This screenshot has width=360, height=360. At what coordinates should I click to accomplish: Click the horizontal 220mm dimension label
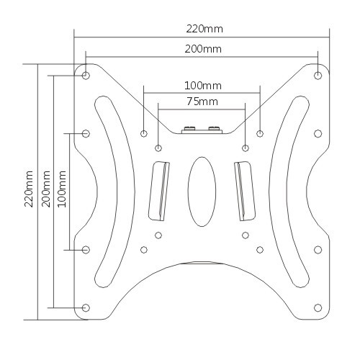pyautogui.click(x=204, y=30)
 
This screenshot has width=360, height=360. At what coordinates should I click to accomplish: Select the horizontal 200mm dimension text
pyautogui.click(x=203, y=49)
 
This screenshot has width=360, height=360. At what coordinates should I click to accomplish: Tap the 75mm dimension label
pyautogui.click(x=202, y=102)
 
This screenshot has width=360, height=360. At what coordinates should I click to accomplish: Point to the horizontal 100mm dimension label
pyautogui.click(x=203, y=86)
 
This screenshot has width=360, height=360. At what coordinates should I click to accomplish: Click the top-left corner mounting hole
pyautogui.click(x=86, y=75)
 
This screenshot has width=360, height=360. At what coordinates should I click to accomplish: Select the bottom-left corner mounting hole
pyautogui.click(x=86, y=307)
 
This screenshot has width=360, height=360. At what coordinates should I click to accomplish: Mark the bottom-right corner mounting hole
pyautogui.click(x=318, y=307)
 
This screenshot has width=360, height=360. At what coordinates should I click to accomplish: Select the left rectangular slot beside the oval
pyautogui.click(x=158, y=190)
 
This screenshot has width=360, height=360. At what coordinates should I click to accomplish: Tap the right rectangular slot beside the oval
pyautogui.click(x=245, y=190)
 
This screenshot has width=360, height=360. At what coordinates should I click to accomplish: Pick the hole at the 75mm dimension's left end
pyautogui.click(x=158, y=148)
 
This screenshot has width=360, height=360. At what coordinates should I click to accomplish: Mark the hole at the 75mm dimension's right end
pyautogui.click(x=246, y=148)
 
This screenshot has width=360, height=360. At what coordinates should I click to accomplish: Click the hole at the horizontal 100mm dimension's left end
pyautogui.click(x=144, y=133)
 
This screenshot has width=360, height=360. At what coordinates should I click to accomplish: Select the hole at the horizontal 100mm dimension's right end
pyautogui.click(x=260, y=133)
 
